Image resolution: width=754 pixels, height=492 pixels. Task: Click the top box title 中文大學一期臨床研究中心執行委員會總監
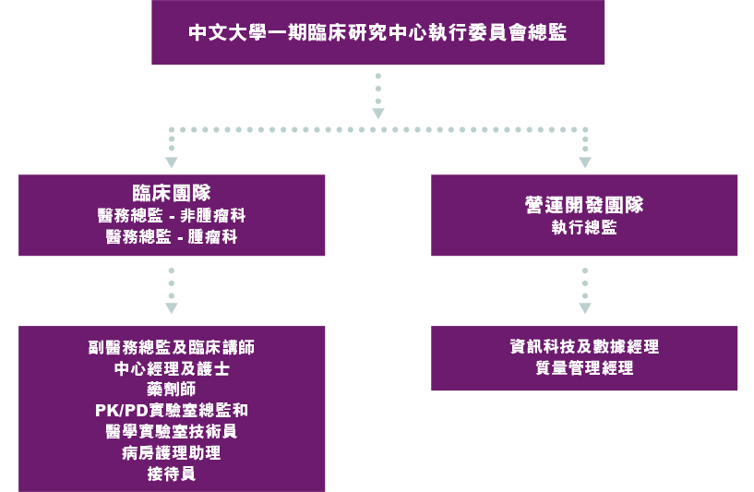pyautogui.click(x=377, y=32)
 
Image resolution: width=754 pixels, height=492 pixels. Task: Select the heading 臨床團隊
pyautogui.click(x=172, y=193)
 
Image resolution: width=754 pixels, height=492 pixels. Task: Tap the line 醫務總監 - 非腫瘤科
pyautogui.click(x=172, y=215)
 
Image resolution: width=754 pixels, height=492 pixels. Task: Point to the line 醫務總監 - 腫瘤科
pyautogui.click(x=172, y=236)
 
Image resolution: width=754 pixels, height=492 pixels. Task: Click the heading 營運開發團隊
pyautogui.click(x=584, y=205)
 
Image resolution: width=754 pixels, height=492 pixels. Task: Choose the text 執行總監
pyautogui.click(x=584, y=227)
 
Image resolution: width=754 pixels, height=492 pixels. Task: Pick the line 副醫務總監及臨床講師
pyautogui.click(x=172, y=347)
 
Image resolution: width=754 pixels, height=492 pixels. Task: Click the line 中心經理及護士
pyautogui.click(x=172, y=368)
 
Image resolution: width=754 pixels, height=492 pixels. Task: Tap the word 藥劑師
pyautogui.click(x=172, y=390)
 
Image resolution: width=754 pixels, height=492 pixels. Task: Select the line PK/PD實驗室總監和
pyautogui.click(x=172, y=410)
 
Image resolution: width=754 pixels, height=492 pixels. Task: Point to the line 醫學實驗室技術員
pyautogui.click(x=172, y=431)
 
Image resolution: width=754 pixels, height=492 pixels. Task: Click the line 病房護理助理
pyautogui.click(x=172, y=452)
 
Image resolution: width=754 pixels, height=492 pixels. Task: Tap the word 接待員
pyautogui.click(x=172, y=474)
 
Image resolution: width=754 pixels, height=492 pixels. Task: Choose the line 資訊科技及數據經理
pyautogui.click(x=584, y=346)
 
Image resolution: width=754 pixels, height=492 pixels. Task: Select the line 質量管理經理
pyautogui.click(x=584, y=368)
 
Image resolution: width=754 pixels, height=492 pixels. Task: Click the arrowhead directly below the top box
pyautogui.click(x=378, y=113)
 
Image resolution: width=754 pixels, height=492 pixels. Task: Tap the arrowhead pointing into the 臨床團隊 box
pyautogui.click(x=172, y=162)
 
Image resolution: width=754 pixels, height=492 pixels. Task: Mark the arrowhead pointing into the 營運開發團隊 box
pyautogui.click(x=585, y=162)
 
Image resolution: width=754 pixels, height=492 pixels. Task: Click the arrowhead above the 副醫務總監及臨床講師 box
pyautogui.click(x=172, y=308)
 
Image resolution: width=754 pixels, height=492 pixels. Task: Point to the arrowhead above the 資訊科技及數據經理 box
pyautogui.click(x=585, y=308)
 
